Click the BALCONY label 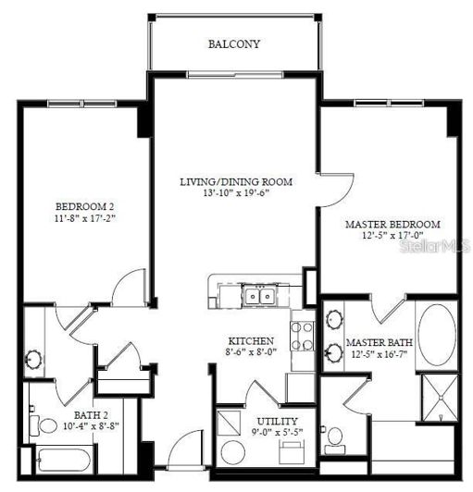point(233,43)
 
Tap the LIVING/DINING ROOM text point(235,182)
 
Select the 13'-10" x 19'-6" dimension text point(235,194)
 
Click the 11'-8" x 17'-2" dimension point(83,218)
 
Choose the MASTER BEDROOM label point(392,224)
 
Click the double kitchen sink point(258,296)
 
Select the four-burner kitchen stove point(302,335)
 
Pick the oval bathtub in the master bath point(436,335)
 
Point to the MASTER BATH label point(373,342)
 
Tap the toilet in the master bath point(335,437)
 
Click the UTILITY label point(277,421)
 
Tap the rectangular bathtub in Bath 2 point(64,459)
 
